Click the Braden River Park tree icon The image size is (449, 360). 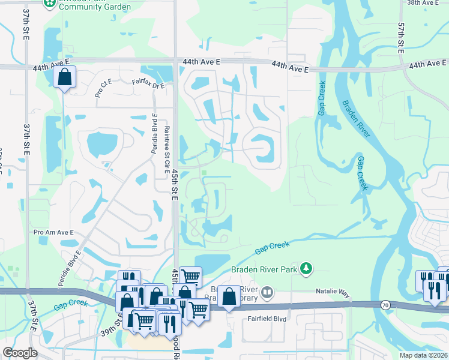pyautogui.click(x=307, y=269)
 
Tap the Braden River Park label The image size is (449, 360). pyautogui.click(x=265, y=270)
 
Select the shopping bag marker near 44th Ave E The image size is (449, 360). pyautogui.click(x=65, y=78)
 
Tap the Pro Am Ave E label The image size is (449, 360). pyautogui.click(x=53, y=232)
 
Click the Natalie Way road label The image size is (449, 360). pyautogui.click(x=333, y=292)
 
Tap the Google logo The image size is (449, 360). pyautogui.click(x=20, y=353)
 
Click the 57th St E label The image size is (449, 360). pyautogui.click(x=401, y=39)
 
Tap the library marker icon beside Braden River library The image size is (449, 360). pyautogui.click(x=267, y=293)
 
